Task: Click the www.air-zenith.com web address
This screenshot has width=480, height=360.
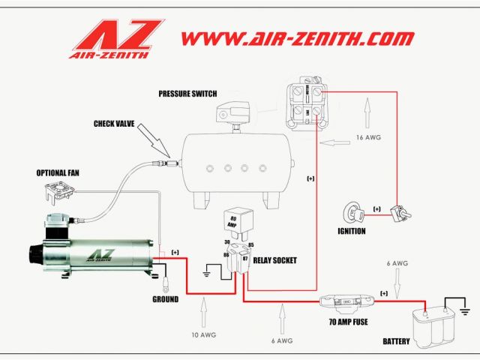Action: [x=297, y=37]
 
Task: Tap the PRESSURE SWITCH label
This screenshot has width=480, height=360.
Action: [x=187, y=94]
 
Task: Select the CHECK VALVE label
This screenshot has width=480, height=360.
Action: [x=114, y=123]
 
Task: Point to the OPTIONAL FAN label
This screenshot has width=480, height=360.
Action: [x=58, y=172]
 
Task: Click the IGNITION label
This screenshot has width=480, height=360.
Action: [x=351, y=231]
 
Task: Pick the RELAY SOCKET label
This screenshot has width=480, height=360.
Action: [x=275, y=260]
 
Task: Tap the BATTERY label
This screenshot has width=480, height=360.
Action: [x=396, y=341]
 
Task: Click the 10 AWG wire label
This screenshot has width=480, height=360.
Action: [x=202, y=333]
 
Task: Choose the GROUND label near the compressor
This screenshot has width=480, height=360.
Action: [x=165, y=299]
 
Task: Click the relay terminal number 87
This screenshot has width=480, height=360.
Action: [x=245, y=258]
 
